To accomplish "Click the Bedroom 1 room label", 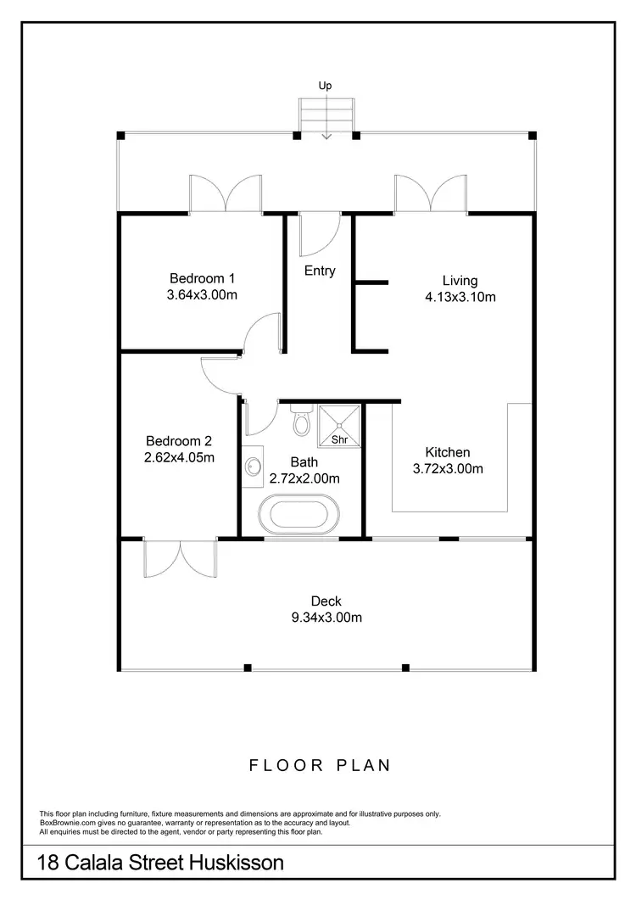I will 202,278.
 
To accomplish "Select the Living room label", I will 460,281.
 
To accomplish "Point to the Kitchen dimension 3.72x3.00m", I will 447,468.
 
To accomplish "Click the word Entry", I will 320,271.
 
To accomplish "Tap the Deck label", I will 326,601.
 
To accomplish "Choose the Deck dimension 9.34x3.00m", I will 326,618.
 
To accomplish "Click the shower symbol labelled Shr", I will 339,426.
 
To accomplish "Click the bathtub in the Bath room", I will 301,517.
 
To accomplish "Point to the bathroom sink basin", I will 253,466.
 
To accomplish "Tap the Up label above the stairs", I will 325,86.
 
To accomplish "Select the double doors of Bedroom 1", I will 225,194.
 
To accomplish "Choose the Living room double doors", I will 430,194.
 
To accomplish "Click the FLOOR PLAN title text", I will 320,765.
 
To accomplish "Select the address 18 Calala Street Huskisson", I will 160,864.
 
